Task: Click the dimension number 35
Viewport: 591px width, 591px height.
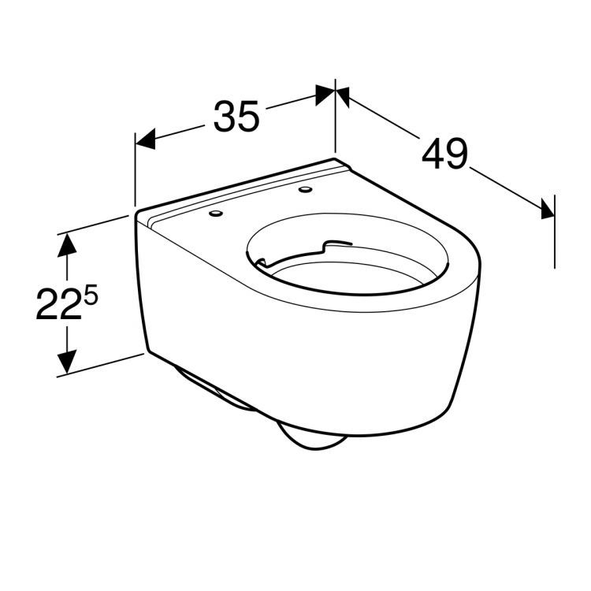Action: pos(236,117)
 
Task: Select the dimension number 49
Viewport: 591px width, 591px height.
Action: pos(444,154)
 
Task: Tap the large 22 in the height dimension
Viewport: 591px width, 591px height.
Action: pos(58,305)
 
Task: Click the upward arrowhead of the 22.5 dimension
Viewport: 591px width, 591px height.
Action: pos(69,243)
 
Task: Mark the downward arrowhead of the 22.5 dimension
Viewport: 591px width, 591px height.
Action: pos(69,362)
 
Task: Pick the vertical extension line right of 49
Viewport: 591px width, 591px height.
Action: pos(555,229)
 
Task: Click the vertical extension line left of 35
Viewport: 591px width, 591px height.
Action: pos(135,169)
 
